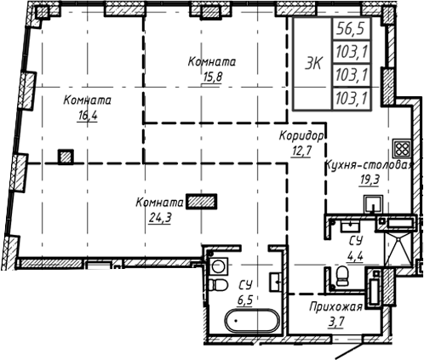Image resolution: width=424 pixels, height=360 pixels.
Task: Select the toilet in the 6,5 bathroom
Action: coord(219,283)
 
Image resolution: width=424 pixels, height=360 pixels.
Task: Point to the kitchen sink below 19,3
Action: coord(372,204)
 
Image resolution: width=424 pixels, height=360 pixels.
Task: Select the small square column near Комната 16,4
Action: coord(66,156)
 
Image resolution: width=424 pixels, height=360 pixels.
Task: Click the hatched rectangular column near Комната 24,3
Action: coord(203,202)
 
